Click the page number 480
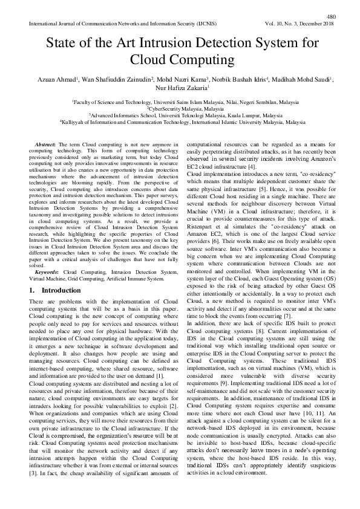(330, 16)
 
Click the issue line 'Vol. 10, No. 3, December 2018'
(298, 24)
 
